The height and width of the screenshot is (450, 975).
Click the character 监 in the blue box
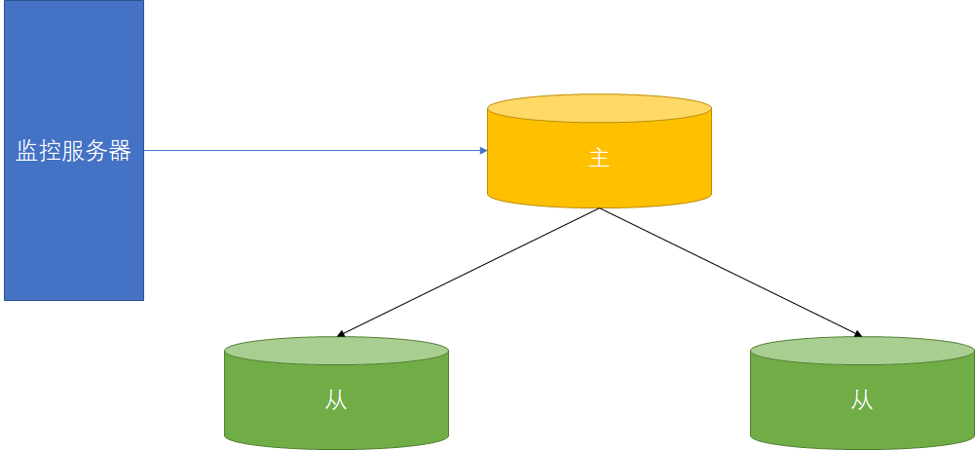(27, 152)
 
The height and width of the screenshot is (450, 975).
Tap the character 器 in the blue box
(120, 152)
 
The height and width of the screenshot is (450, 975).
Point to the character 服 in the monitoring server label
(73, 152)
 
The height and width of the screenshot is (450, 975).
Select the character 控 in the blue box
(51, 152)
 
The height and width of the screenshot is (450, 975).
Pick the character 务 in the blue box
(96, 152)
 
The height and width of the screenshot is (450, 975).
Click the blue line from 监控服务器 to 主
(312, 151)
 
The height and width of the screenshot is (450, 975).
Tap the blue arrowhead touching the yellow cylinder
(482, 151)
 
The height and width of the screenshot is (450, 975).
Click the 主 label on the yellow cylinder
(598, 159)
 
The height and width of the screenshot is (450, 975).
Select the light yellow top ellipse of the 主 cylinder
(598, 108)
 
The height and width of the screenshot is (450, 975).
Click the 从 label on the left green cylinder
(336, 401)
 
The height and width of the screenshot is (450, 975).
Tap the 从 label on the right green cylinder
(862, 400)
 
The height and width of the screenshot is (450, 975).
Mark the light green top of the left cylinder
(336, 351)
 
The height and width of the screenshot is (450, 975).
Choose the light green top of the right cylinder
(862, 351)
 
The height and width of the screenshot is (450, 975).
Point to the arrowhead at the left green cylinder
(341, 334)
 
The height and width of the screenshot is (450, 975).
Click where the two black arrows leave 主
(599, 208)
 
